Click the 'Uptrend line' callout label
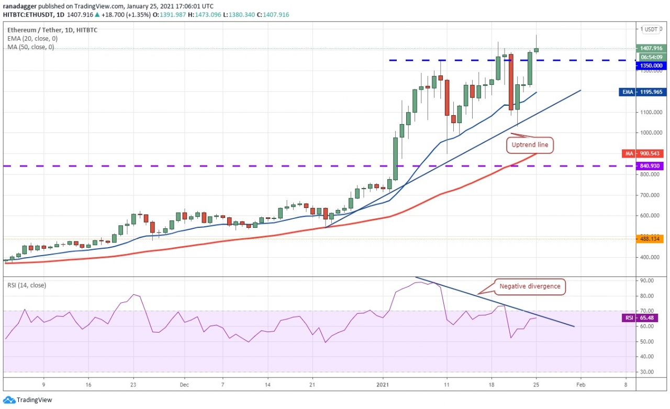click(x=529, y=145)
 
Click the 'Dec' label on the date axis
click(x=184, y=384)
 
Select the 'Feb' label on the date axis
click(x=581, y=384)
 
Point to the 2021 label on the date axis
click(x=384, y=384)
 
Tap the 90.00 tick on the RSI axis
click(x=647, y=281)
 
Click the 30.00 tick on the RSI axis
click(x=647, y=372)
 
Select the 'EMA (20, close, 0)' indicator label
click(x=32, y=38)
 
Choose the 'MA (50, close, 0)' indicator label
click(x=31, y=47)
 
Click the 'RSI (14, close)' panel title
click(x=26, y=285)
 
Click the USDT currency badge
click(x=652, y=29)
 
